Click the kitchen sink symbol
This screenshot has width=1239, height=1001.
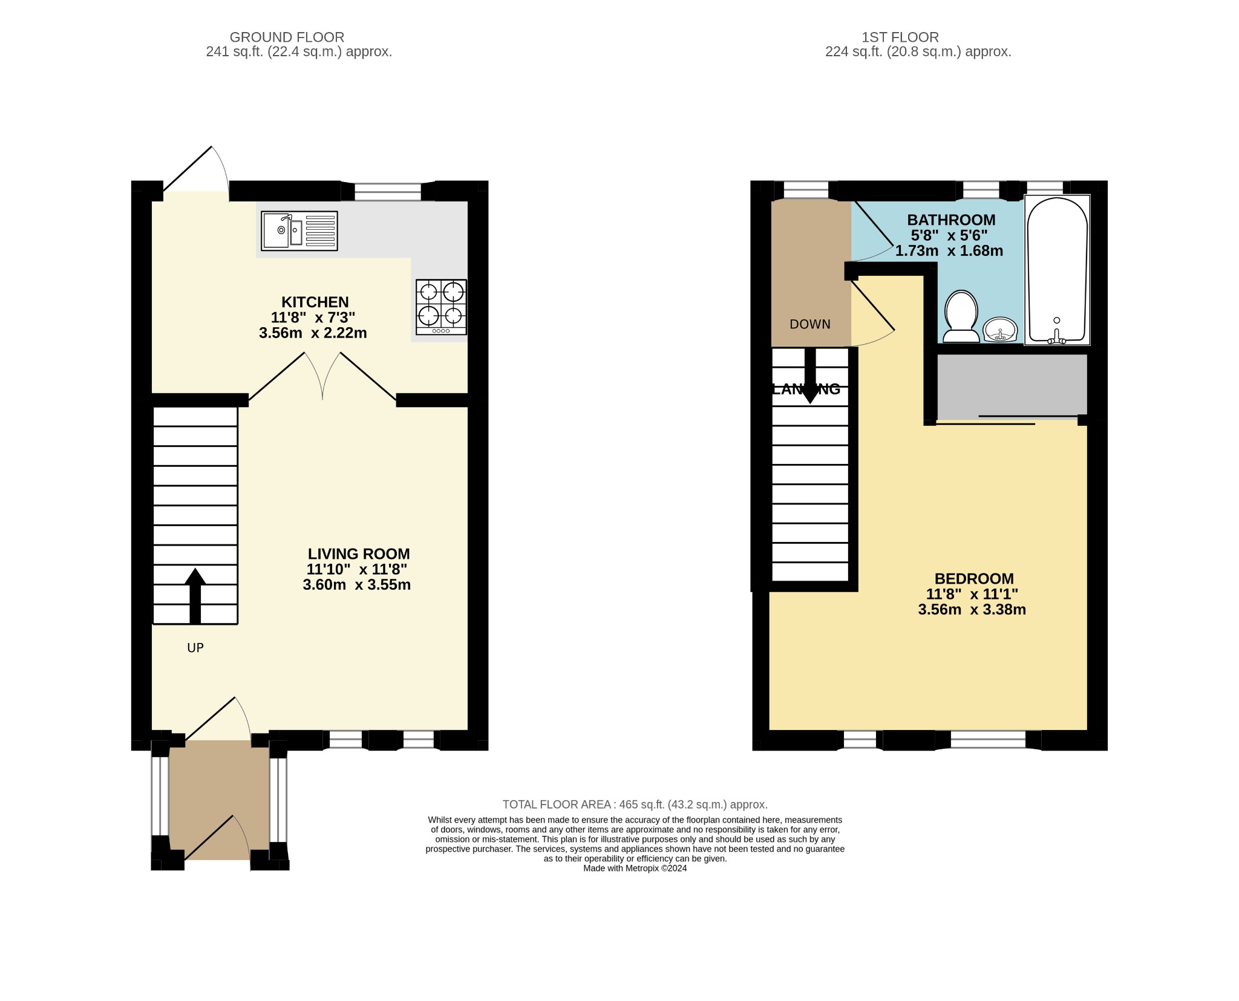(299, 230)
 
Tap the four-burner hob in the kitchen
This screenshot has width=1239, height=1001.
(441, 307)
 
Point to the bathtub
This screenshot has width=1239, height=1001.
(1056, 270)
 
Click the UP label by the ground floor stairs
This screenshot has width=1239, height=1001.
(195, 648)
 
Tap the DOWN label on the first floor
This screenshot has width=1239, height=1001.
(809, 324)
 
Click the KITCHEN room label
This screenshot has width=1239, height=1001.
(315, 302)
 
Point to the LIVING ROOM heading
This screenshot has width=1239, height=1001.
(358, 553)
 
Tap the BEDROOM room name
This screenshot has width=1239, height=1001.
(973, 579)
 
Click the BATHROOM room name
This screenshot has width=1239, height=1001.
(950, 220)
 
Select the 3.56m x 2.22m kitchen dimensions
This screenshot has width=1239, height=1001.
(313, 333)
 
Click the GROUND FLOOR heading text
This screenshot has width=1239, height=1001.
(287, 37)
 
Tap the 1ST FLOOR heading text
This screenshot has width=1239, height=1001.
(900, 37)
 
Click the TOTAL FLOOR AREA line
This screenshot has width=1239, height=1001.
(635, 804)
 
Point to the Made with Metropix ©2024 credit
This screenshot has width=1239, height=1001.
(635, 868)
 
